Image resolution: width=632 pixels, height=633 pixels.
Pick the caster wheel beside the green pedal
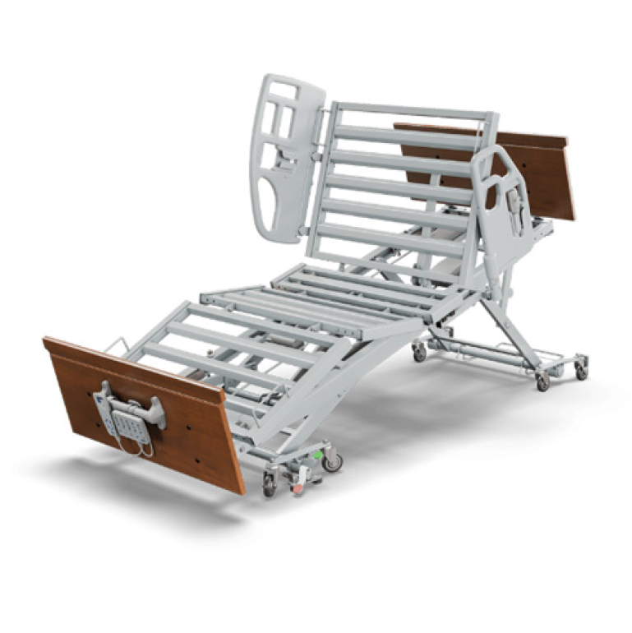click(x=333, y=462)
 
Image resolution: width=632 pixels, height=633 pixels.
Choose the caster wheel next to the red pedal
click(x=270, y=485)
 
